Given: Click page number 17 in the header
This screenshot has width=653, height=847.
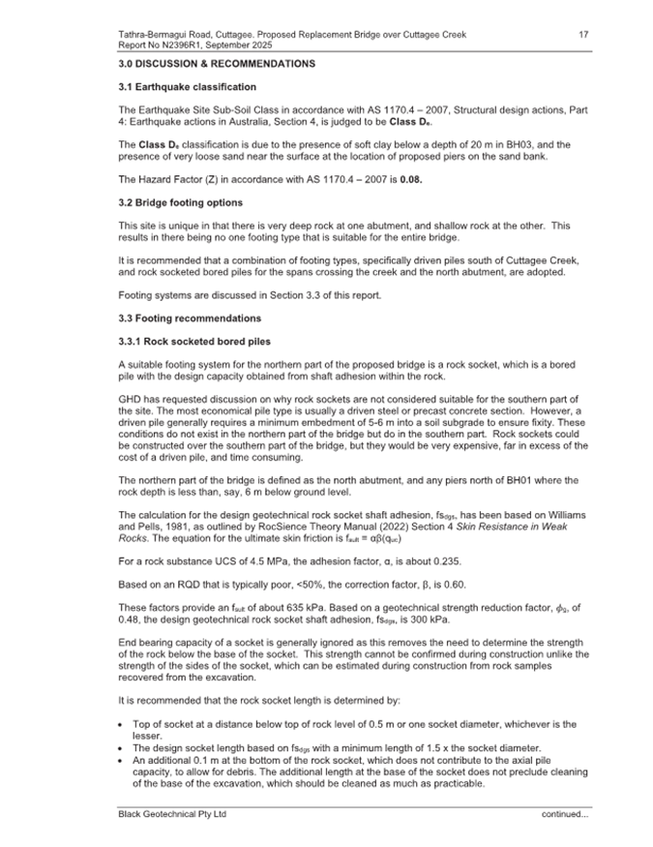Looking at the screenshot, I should click(x=583, y=35).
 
